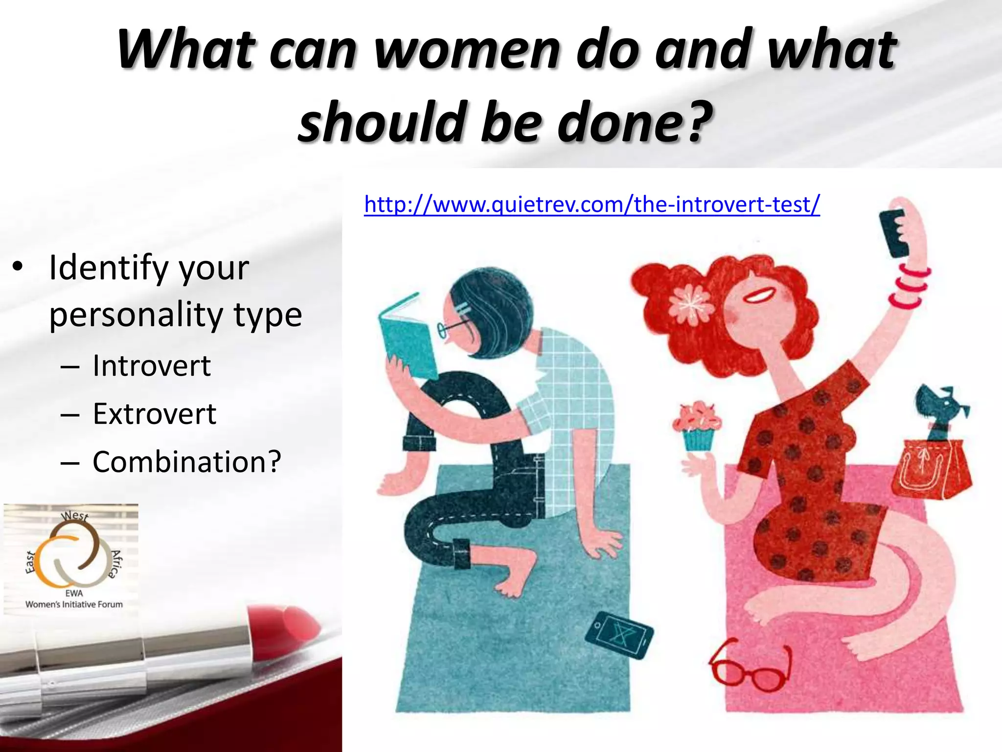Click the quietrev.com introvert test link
pyautogui.click(x=592, y=205)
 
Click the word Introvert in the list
pyautogui.click(x=152, y=366)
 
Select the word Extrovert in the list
pyautogui.click(x=155, y=414)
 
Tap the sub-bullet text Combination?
pyautogui.click(x=187, y=462)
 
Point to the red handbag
pyautogui.click(x=930, y=470)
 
